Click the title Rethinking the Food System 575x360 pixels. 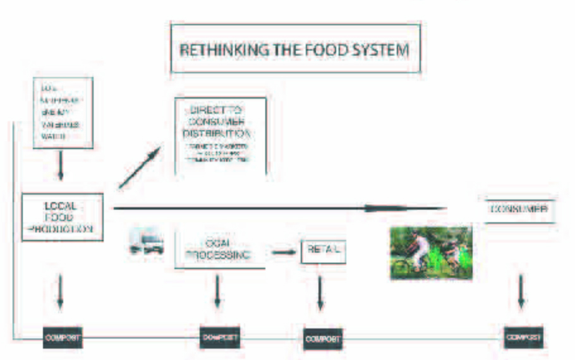pos(295,50)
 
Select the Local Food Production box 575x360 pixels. pos(62,217)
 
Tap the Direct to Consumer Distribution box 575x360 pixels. pos(219,136)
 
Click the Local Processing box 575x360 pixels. pos(219,249)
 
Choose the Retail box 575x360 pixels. pos(324,251)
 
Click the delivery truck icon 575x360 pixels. pos(147,243)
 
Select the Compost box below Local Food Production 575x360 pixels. pos(62,337)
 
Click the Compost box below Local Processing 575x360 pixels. pos(219,337)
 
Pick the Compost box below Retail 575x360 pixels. pos(322,339)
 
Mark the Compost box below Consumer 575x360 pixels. pos(523,337)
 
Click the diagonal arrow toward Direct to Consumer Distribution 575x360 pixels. pos(139,168)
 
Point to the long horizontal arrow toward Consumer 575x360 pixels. pos(278,207)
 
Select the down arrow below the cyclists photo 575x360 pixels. pos(521,291)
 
